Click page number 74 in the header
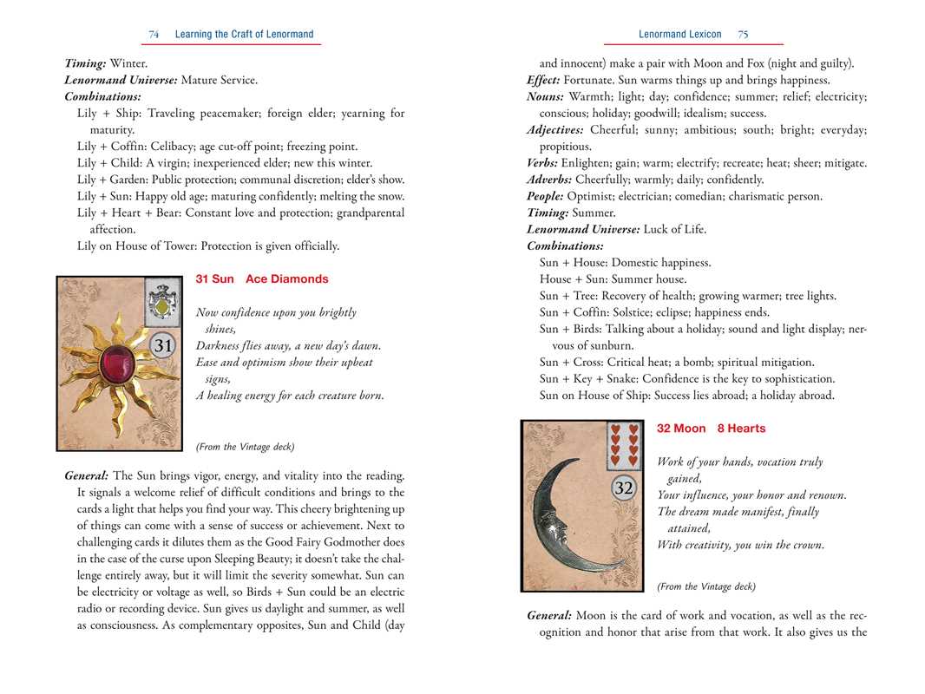[154, 35]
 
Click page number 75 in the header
[743, 35]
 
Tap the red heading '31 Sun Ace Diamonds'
[262, 279]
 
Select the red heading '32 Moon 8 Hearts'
[711, 429]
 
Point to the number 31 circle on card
[163, 346]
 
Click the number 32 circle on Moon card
[623, 488]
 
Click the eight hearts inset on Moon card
[624, 444]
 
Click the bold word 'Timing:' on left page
[85, 63]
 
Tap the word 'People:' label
[545, 196]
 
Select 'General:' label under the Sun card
[87, 476]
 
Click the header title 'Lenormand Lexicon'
[679, 35]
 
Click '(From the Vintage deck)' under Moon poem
[706, 586]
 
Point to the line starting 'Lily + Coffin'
[217, 147]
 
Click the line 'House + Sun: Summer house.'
[613, 279]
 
